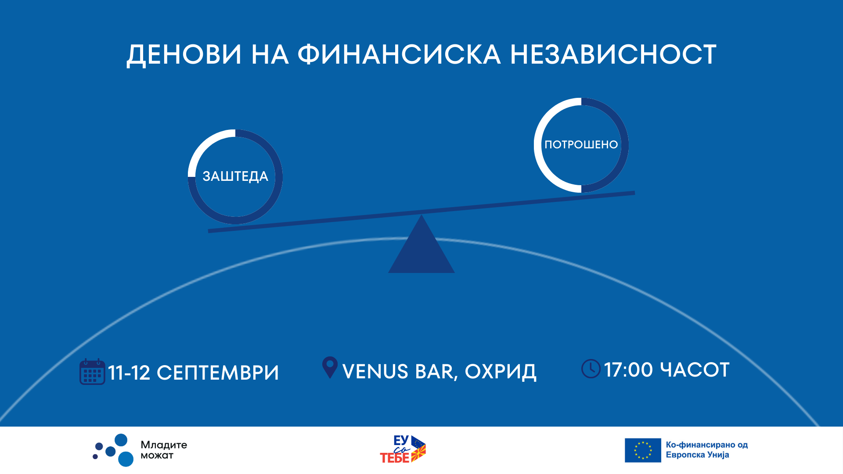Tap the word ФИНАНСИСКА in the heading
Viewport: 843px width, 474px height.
pyautogui.click(x=399, y=54)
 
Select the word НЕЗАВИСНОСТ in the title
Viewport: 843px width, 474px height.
pyautogui.click(x=613, y=54)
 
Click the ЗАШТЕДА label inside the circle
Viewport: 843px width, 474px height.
pyautogui.click(x=235, y=176)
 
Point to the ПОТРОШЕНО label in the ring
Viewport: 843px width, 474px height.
pyautogui.click(x=581, y=144)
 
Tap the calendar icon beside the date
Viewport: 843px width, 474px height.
pyautogui.click(x=92, y=372)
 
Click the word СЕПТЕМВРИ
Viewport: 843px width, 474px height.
pyautogui.click(x=218, y=373)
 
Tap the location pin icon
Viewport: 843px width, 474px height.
pyautogui.click(x=330, y=367)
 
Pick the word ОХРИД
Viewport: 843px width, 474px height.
pyautogui.click(x=501, y=372)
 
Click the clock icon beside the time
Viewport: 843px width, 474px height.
pyautogui.click(x=591, y=369)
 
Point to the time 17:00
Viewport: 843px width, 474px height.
pyautogui.click(x=629, y=370)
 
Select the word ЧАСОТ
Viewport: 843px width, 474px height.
pyautogui.click(x=695, y=370)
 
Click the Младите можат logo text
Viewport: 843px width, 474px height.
pyautogui.click(x=164, y=450)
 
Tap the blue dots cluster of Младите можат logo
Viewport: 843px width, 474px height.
pyautogui.click(x=113, y=450)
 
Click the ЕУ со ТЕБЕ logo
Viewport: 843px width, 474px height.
pyautogui.click(x=403, y=449)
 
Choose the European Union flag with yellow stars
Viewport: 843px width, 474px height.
pyautogui.click(x=643, y=450)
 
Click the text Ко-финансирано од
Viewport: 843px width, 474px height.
pyautogui.click(x=707, y=445)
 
